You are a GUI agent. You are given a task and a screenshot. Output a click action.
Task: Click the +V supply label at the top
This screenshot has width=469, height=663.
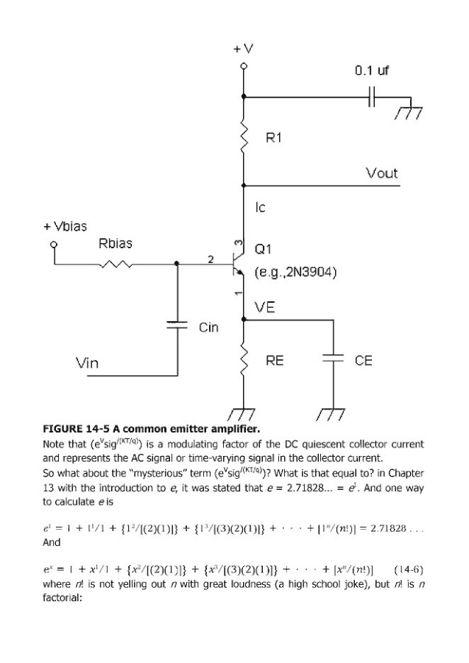(x=244, y=49)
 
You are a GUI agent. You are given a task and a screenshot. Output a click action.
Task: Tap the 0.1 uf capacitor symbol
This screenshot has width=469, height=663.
(x=371, y=97)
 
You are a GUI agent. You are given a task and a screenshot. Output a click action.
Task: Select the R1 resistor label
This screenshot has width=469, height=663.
(x=274, y=138)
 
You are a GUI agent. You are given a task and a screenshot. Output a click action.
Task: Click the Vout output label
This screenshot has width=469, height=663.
(x=381, y=173)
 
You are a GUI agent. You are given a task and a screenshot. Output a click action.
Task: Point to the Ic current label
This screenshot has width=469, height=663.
(x=261, y=207)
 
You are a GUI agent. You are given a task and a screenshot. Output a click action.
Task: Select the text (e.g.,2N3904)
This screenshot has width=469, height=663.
(x=295, y=272)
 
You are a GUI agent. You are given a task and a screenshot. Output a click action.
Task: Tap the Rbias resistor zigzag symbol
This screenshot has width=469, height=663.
(x=116, y=264)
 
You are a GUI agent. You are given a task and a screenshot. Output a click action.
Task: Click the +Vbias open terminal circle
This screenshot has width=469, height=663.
(x=54, y=245)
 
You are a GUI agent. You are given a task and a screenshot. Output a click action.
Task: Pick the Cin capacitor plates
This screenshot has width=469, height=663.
(x=177, y=325)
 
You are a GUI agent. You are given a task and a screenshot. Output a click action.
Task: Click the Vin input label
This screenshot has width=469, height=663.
(x=87, y=362)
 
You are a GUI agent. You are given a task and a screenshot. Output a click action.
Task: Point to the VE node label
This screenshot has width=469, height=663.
(x=265, y=307)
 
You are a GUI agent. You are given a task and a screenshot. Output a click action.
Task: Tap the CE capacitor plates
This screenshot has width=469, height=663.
(x=334, y=359)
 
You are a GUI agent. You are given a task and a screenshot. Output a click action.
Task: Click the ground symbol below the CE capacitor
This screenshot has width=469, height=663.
(x=333, y=414)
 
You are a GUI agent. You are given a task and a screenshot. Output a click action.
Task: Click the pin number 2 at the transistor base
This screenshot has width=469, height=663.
(x=211, y=259)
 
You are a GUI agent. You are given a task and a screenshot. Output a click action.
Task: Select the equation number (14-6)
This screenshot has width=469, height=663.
(x=409, y=569)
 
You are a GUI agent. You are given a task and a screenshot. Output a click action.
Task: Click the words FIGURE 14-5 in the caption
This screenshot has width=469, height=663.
(x=76, y=429)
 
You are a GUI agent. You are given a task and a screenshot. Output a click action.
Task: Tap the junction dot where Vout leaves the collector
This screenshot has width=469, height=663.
(x=244, y=185)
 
